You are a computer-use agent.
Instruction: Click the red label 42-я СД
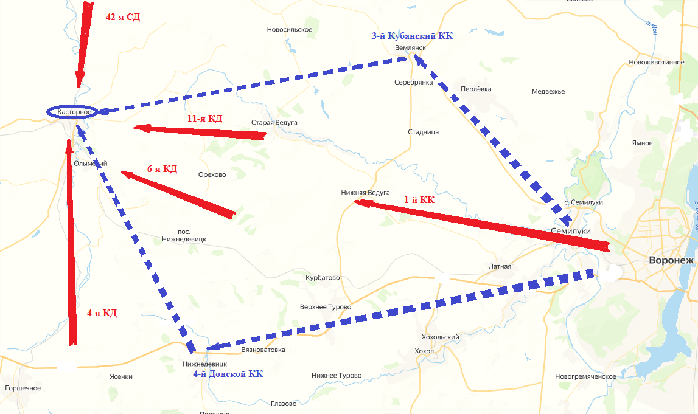(x=123, y=17)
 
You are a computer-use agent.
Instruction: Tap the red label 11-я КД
(x=205, y=119)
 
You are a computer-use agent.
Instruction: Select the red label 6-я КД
(x=162, y=169)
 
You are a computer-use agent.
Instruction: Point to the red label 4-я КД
(x=102, y=313)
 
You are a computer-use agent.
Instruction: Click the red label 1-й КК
(x=420, y=199)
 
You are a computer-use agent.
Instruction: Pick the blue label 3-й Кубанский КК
(x=413, y=36)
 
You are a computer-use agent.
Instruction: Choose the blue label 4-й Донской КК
(x=228, y=374)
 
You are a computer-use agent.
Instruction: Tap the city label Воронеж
(x=671, y=260)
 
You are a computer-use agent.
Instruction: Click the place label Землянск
(x=410, y=47)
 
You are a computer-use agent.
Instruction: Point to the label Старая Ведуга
(x=274, y=123)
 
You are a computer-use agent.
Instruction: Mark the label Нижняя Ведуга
(x=365, y=193)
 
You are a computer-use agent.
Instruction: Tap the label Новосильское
(x=290, y=30)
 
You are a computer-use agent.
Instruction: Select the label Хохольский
(x=440, y=337)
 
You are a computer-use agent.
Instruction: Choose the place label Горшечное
(x=23, y=388)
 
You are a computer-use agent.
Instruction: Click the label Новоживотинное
(x=657, y=62)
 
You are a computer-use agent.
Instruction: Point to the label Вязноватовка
(x=263, y=350)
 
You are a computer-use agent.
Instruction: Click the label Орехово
(x=212, y=175)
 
